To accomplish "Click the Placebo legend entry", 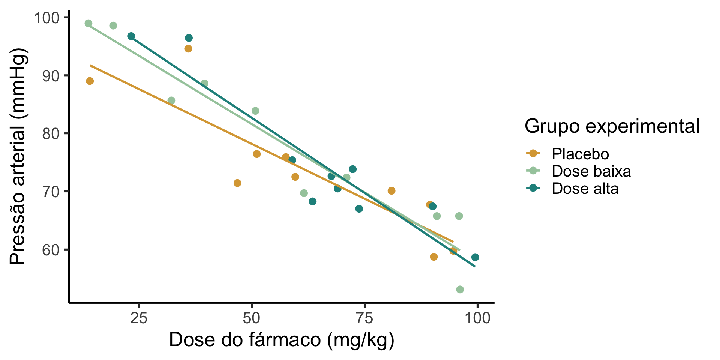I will (580, 154).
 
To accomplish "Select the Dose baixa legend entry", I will (591, 171).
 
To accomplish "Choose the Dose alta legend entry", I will (585, 189).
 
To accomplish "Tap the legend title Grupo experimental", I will (612, 126).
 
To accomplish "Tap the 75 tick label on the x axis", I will (364, 318).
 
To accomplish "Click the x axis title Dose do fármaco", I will (281, 340).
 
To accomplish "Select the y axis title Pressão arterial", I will (18, 156).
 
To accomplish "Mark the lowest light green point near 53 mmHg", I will (460, 289).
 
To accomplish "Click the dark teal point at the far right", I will (475, 257).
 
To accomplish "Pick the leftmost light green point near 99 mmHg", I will (88, 23).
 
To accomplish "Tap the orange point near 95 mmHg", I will (188, 49).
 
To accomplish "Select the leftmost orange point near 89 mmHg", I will (90, 81).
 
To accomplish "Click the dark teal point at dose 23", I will (131, 36).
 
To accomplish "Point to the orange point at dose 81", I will (391, 191).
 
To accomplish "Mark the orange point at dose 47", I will (237, 183).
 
